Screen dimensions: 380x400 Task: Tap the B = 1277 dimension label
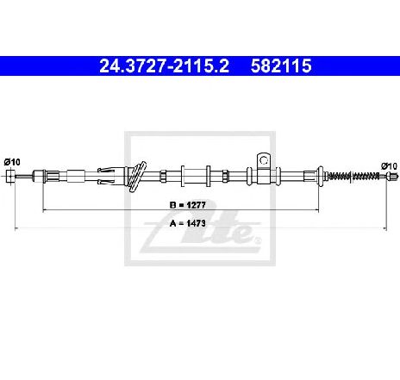(x=190, y=204)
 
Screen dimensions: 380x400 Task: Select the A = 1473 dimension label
(x=190, y=222)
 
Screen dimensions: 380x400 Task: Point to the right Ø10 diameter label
(x=388, y=165)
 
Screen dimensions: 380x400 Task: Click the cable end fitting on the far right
(x=389, y=176)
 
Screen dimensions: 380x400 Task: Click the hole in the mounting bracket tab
(x=265, y=158)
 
